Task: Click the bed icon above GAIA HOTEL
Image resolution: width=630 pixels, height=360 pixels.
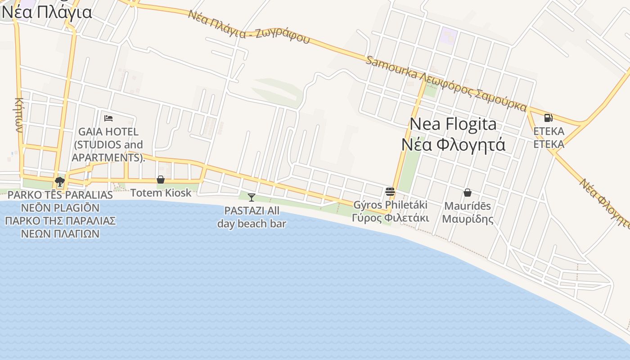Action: tap(108, 118)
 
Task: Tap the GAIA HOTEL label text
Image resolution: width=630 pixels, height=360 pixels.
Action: tap(108, 132)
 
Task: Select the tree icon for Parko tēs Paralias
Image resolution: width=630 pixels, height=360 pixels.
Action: tap(59, 182)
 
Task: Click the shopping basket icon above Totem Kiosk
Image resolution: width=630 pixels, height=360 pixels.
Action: tap(161, 180)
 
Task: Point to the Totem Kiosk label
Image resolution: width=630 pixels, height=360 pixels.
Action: tap(161, 193)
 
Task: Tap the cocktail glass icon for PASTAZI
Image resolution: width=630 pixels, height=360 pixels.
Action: tap(252, 197)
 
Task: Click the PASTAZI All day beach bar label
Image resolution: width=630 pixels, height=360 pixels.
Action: tap(252, 217)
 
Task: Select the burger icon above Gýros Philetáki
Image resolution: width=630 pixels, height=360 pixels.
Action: tap(390, 191)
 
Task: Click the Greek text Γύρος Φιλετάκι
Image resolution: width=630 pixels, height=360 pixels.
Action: tap(390, 218)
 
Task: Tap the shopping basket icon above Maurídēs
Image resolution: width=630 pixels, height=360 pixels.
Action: tap(468, 193)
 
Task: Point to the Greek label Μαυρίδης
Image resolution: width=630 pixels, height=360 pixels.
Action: tap(468, 219)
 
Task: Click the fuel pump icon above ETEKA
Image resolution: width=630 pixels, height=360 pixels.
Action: tap(548, 118)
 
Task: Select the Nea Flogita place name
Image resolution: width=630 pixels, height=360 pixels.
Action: tap(453, 124)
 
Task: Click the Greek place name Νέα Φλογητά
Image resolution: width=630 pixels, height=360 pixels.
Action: tap(453, 145)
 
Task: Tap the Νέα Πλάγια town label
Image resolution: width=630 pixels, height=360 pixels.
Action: tap(47, 12)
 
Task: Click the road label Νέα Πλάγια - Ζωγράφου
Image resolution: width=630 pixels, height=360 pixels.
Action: tap(249, 27)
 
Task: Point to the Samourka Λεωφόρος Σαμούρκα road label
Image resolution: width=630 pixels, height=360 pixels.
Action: tap(445, 84)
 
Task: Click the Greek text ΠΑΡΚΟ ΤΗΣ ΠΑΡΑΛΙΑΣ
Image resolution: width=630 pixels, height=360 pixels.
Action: tap(60, 221)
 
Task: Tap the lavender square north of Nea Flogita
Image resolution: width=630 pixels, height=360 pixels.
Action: tap(448, 35)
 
